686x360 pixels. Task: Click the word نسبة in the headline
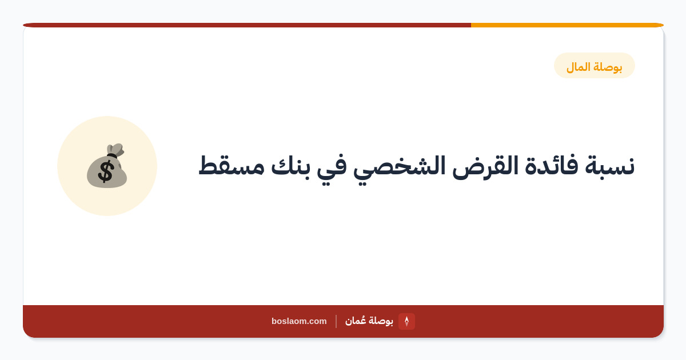[x=610, y=166]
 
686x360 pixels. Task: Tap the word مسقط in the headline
[x=231, y=166]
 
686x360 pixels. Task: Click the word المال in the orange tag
[x=578, y=66]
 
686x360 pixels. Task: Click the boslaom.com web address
[x=299, y=321]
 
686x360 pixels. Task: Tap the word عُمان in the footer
[x=355, y=321]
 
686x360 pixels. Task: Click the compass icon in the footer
[x=406, y=321]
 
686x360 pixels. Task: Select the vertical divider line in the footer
[x=336, y=321]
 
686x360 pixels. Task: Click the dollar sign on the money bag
[x=106, y=172]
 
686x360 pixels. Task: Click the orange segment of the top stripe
[x=567, y=25]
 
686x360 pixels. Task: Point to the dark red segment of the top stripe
[x=247, y=25]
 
